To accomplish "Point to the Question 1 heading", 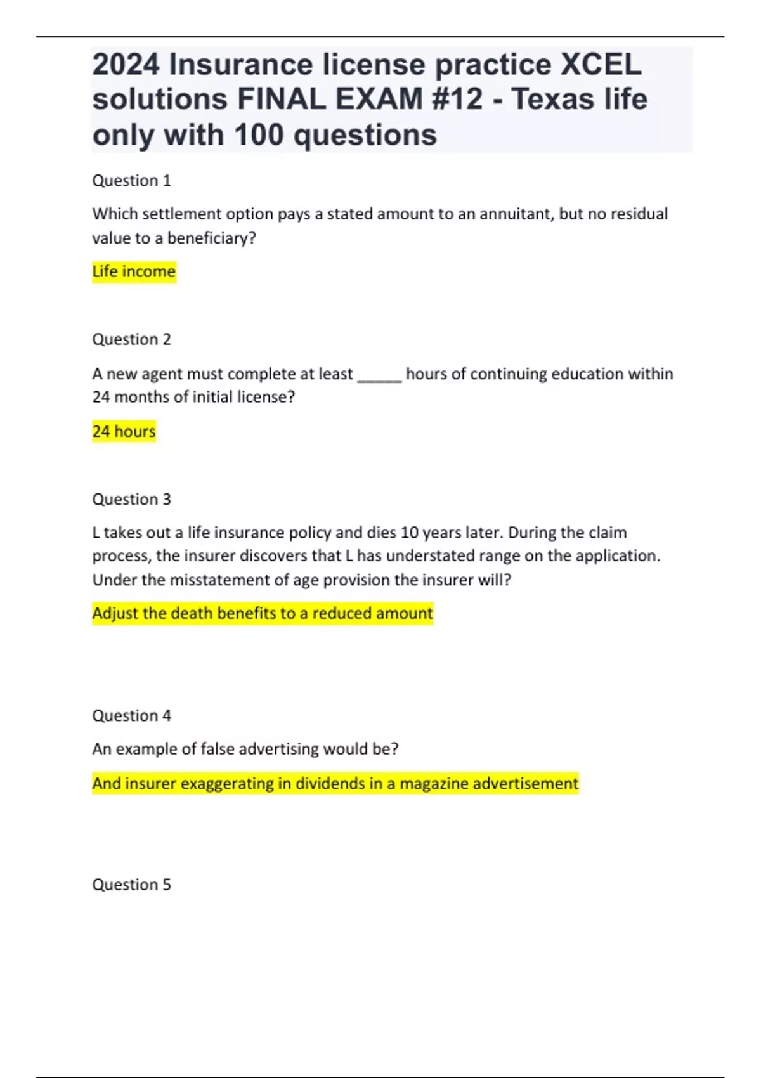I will pyautogui.click(x=131, y=181).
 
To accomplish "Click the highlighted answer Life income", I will pyautogui.click(x=134, y=271).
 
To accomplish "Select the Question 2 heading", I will pyautogui.click(x=131, y=339).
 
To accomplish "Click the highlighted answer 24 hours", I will pyautogui.click(x=124, y=431).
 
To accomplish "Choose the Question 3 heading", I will pyautogui.click(x=131, y=499).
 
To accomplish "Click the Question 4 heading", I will pyautogui.click(x=131, y=715).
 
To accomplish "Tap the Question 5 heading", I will pyautogui.click(x=131, y=885).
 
